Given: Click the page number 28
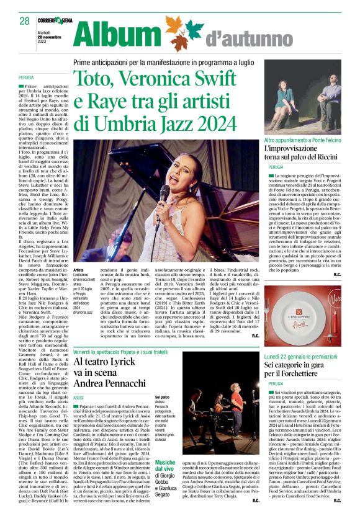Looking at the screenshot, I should click(24, 21).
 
